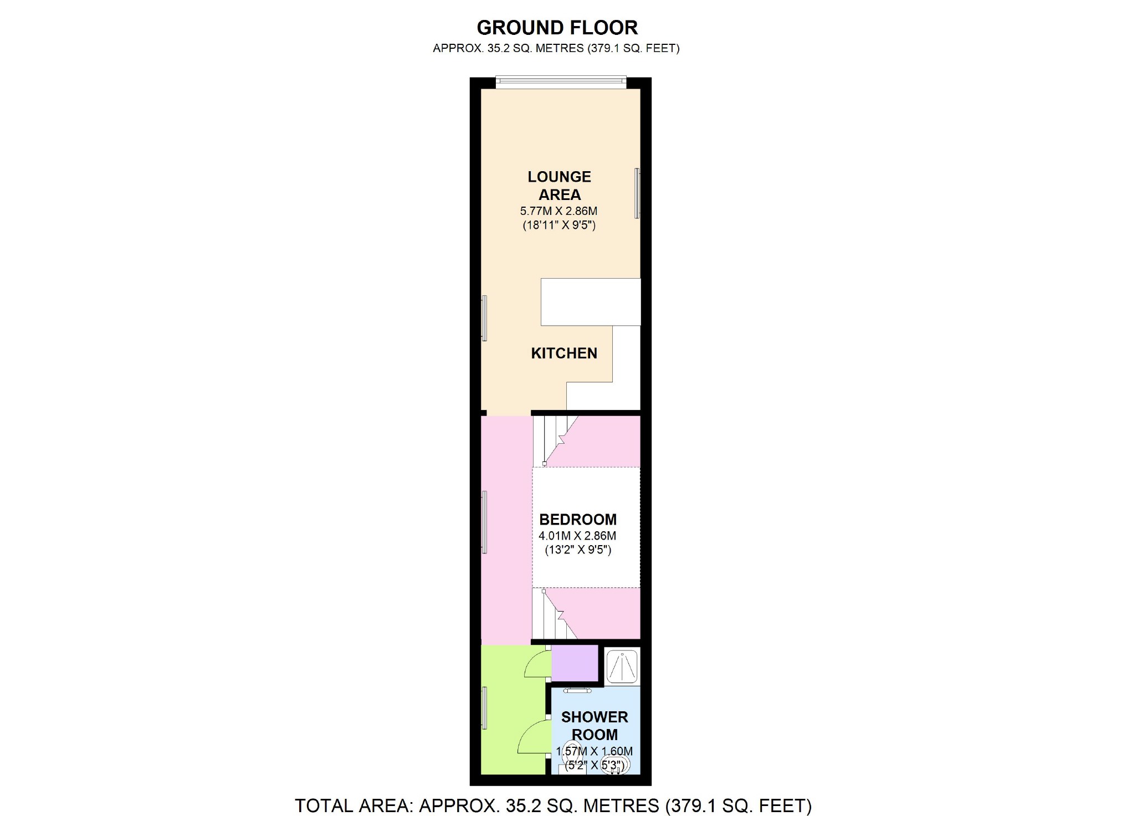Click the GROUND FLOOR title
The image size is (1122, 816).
557,27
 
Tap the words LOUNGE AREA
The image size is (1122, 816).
559,186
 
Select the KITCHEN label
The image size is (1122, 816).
564,353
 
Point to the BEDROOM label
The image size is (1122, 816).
578,519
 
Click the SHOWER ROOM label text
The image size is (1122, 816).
595,726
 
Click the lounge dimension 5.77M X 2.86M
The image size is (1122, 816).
559,211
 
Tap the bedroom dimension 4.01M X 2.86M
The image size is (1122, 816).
577,536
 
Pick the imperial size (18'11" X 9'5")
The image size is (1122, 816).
559,225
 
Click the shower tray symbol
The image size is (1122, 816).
622,666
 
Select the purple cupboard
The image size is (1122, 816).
575,663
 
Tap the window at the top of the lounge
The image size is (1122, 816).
561,82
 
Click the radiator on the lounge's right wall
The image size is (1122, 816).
637,193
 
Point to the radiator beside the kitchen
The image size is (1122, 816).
484,318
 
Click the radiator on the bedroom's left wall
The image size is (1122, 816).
484,522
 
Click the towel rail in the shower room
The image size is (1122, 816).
577,691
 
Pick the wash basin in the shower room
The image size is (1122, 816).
615,764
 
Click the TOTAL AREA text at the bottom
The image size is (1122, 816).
553,805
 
